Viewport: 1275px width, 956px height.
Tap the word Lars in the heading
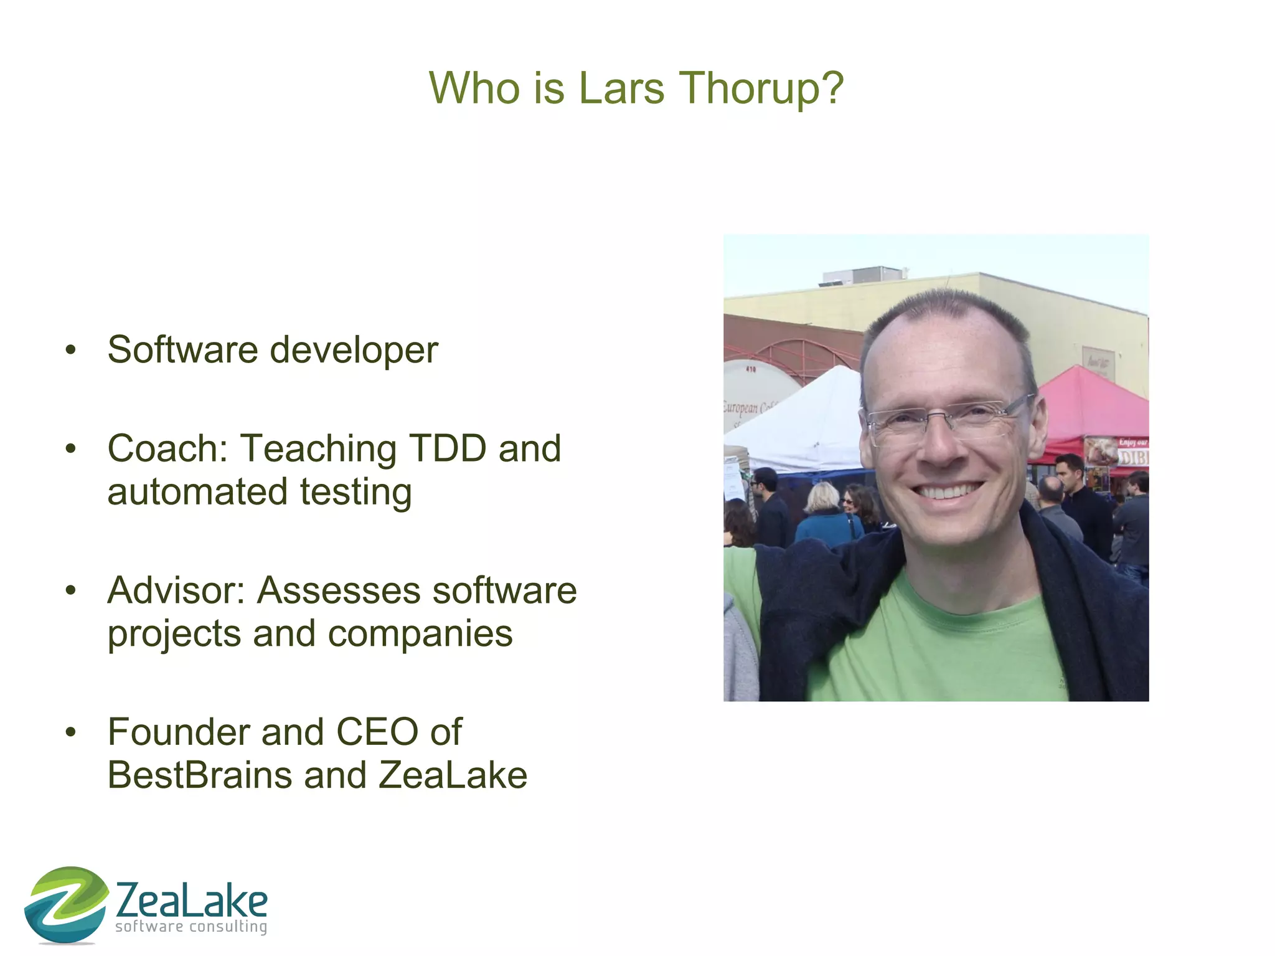tap(621, 88)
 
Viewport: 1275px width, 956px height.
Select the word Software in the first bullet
tap(182, 349)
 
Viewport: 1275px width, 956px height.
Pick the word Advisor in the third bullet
tap(176, 590)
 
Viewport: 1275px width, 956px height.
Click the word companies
tap(420, 634)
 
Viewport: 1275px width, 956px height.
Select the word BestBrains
tap(200, 775)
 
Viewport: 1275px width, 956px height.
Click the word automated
tap(197, 492)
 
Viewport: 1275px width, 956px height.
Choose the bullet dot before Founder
tap(71, 732)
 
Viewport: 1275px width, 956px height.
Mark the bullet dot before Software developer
tap(71, 350)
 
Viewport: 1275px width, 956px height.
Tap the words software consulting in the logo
tap(191, 927)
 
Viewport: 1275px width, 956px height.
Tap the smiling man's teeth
tap(946, 492)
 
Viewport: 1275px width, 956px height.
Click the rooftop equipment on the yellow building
tap(862, 276)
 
